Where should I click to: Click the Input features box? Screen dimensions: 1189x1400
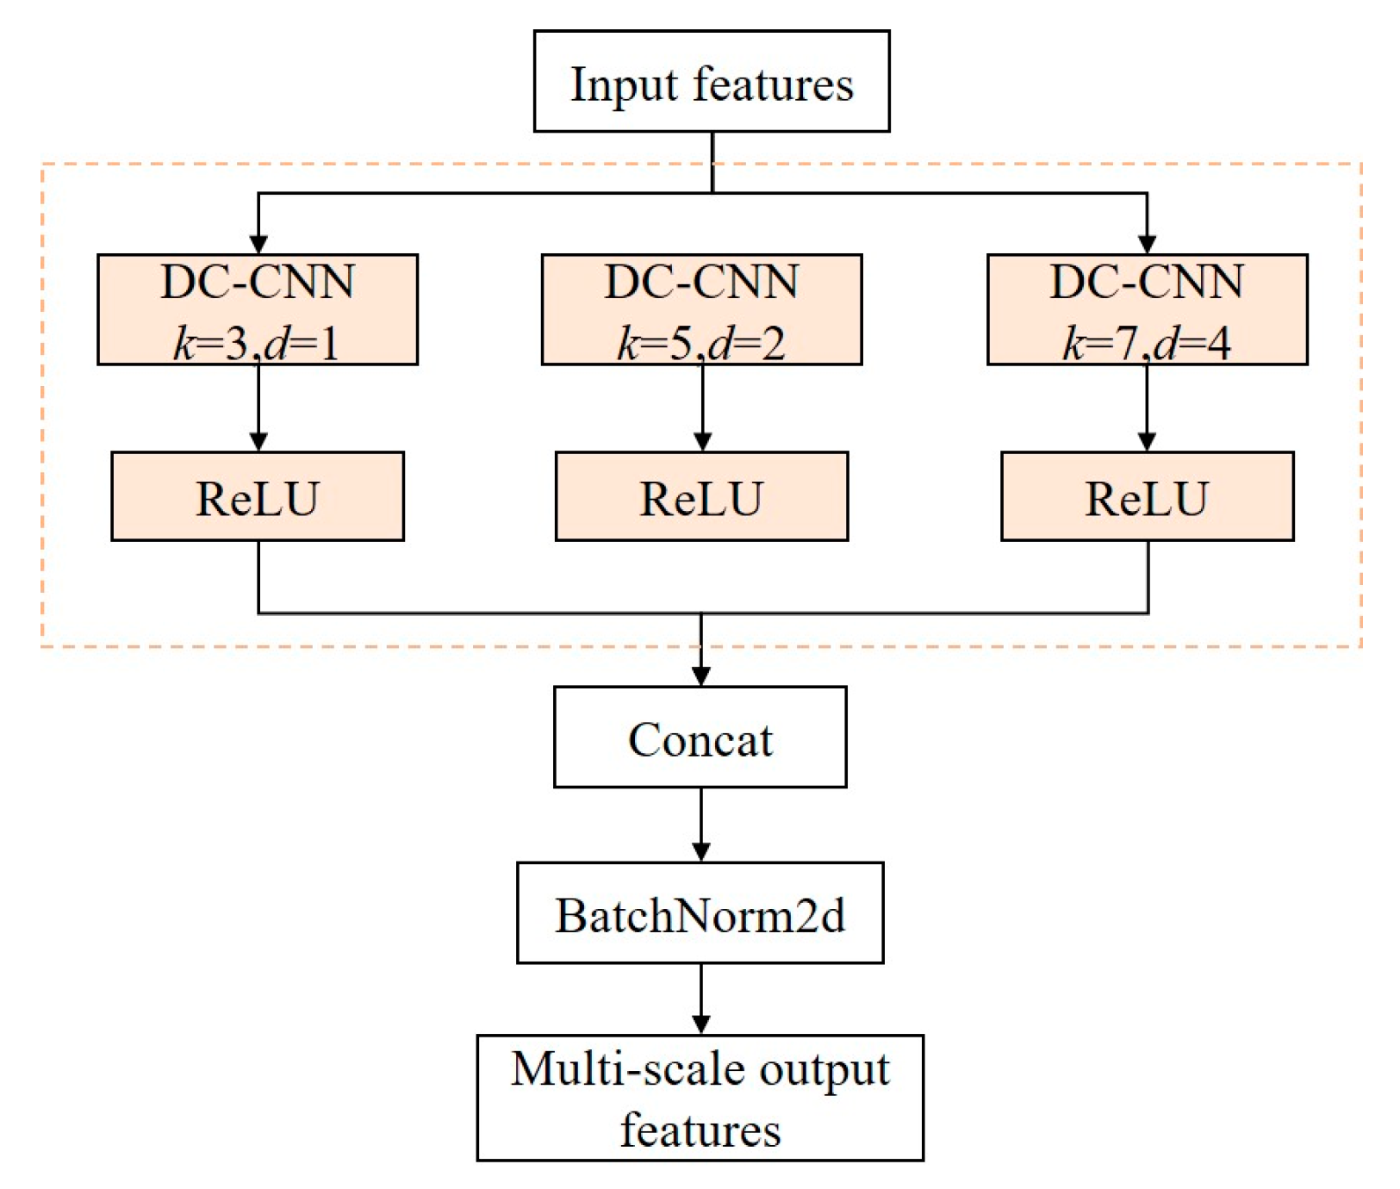(x=711, y=81)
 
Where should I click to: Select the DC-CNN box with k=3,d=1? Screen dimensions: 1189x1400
(x=257, y=309)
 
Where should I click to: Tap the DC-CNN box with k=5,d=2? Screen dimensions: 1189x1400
(x=701, y=309)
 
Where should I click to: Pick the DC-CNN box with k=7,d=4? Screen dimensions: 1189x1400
(x=1147, y=309)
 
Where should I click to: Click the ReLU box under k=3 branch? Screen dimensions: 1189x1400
(x=257, y=496)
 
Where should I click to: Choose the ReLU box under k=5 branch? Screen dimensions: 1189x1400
(x=701, y=496)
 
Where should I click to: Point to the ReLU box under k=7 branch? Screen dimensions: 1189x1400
(x=1147, y=496)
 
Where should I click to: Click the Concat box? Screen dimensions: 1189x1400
(x=700, y=738)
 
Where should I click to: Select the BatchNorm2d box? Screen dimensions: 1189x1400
(x=700, y=913)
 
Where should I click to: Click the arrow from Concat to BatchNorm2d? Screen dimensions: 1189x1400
(x=701, y=824)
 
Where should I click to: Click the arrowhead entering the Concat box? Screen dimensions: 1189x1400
(x=701, y=675)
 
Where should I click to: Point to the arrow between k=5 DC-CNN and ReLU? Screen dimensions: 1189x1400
(x=702, y=408)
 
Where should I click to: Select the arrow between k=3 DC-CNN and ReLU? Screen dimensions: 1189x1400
(x=258, y=408)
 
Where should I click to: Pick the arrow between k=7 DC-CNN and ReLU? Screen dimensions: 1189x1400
(x=1147, y=408)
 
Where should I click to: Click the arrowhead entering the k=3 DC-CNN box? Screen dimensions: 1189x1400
(x=258, y=244)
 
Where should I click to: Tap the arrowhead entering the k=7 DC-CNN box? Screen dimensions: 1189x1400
(x=1147, y=244)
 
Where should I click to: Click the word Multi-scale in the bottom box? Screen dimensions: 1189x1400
(x=627, y=1069)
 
